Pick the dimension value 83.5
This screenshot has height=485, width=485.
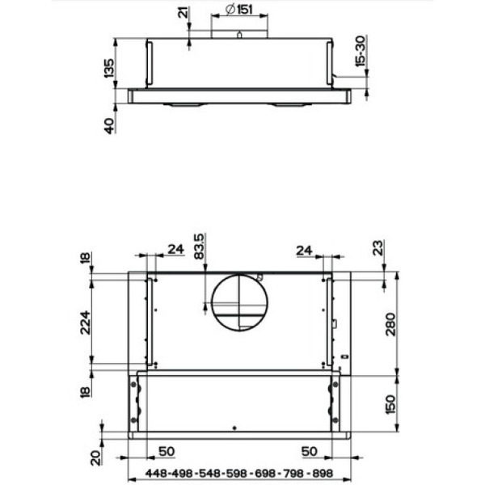pos(200,246)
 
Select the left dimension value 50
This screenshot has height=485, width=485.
pos(166,449)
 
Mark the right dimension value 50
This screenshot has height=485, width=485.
pos(308,449)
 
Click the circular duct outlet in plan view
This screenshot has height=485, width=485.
pos(239,304)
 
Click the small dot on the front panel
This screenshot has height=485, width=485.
pos(234,428)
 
